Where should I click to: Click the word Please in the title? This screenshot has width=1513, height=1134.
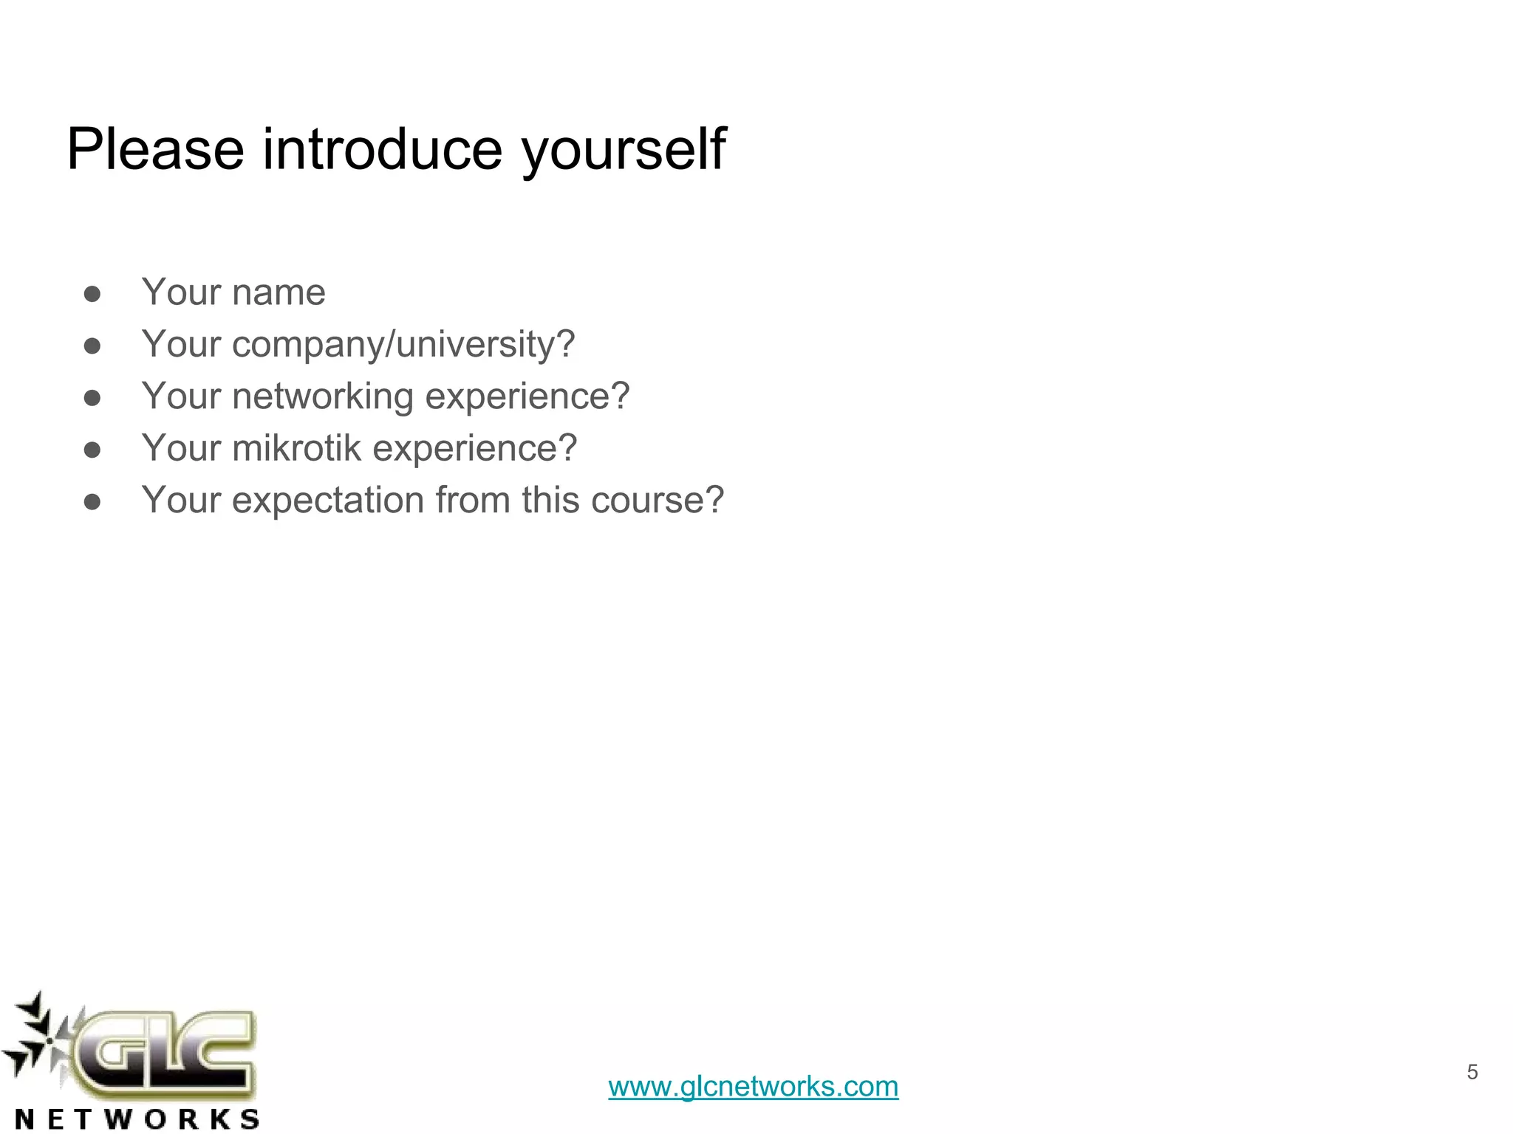pos(155,149)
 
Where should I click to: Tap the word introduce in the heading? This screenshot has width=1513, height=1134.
pos(383,149)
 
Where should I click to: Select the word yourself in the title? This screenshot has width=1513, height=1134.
pos(624,151)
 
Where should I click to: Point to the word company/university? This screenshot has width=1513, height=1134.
pos(403,345)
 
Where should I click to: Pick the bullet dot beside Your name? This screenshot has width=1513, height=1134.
pos(92,295)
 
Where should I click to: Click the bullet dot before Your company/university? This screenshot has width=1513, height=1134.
pos(92,346)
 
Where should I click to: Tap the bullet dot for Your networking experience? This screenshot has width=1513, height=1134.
pos(92,399)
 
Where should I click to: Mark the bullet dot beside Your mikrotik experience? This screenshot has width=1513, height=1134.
pos(92,450)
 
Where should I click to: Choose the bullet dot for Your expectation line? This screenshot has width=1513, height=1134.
pos(92,503)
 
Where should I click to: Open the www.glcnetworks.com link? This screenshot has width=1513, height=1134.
pos(753,1087)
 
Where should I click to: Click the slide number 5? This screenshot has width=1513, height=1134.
pos(1472,1072)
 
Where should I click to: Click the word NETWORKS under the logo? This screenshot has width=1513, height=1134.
pos(137,1118)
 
